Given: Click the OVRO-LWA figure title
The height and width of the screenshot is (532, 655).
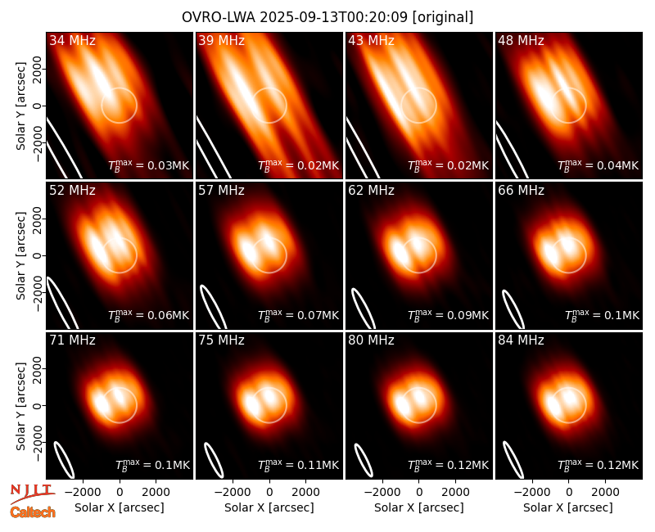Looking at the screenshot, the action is click(327, 17).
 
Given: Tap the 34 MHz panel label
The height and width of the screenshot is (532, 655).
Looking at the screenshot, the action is click(72, 40).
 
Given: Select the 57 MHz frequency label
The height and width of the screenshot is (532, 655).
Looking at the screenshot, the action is click(221, 191).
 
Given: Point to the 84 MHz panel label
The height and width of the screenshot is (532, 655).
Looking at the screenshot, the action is click(521, 340).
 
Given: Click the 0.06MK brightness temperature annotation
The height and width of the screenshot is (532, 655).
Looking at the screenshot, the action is click(149, 315).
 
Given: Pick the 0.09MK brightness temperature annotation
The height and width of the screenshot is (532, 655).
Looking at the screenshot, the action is click(448, 315).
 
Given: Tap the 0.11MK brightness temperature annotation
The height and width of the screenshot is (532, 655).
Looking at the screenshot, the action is click(298, 465).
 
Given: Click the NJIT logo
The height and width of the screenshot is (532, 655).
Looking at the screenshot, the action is click(32, 493).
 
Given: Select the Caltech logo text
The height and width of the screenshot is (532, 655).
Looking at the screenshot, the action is click(33, 512).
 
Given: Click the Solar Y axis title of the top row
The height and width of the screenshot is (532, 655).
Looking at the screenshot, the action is click(20, 106).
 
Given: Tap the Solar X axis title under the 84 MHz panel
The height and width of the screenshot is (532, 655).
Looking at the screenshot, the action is click(568, 507).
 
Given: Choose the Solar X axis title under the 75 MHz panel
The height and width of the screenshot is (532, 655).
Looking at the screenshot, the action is click(269, 507).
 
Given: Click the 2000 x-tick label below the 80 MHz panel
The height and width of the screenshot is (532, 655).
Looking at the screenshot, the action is click(455, 492).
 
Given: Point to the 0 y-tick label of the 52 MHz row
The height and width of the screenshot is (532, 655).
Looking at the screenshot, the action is click(38, 255).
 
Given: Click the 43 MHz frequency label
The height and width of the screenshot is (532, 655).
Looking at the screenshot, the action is click(371, 40).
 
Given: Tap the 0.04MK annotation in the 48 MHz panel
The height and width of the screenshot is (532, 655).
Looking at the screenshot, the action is click(599, 165).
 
